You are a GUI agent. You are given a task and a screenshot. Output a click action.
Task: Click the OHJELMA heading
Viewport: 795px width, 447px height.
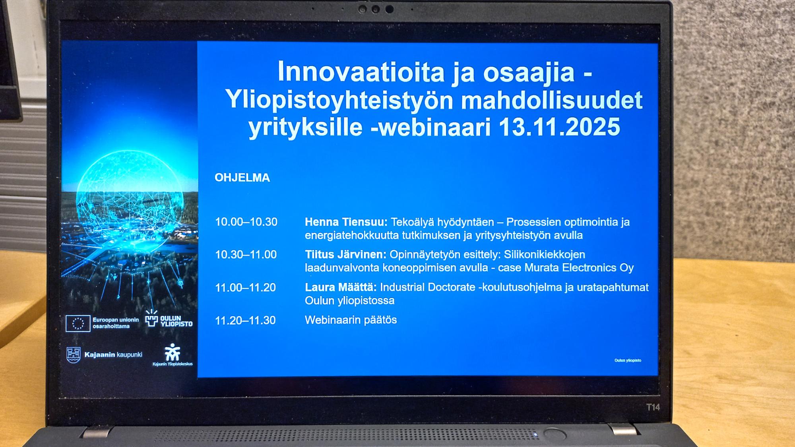pos(242,178)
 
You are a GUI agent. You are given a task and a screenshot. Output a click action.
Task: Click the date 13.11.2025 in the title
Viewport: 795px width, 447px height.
pos(559,127)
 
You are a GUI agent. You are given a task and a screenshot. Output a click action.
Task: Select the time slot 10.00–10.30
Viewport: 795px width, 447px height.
pos(246,222)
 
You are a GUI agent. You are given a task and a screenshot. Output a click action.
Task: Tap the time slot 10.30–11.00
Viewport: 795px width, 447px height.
pos(246,255)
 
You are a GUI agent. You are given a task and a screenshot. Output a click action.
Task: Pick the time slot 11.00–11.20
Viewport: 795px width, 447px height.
pos(245,288)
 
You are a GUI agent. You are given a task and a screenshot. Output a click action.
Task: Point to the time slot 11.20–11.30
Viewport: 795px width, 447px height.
pos(245,320)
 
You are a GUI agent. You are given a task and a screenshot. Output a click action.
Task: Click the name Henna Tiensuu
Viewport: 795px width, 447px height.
pos(345,222)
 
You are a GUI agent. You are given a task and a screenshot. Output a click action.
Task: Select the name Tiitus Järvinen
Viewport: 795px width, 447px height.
pos(345,255)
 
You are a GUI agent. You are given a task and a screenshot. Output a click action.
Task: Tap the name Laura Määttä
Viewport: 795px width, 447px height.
pos(340,287)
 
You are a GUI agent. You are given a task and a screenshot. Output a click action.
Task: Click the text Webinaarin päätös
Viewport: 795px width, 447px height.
pos(351,320)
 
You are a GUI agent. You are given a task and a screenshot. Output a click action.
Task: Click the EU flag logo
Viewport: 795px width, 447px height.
pos(78,323)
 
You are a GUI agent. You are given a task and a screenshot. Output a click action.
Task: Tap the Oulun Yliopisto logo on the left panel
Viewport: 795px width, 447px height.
pos(169,319)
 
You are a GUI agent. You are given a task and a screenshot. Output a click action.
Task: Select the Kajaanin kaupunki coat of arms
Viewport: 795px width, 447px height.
pos(74,354)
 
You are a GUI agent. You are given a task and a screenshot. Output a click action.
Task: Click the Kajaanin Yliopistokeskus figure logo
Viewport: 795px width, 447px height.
pos(173,352)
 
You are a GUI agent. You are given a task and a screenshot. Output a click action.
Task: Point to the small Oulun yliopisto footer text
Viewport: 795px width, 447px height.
pos(628,360)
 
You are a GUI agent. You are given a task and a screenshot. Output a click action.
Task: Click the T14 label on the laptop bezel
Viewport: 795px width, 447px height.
pos(653,407)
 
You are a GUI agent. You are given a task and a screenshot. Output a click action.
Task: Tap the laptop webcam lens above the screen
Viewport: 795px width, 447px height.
pos(375,10)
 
